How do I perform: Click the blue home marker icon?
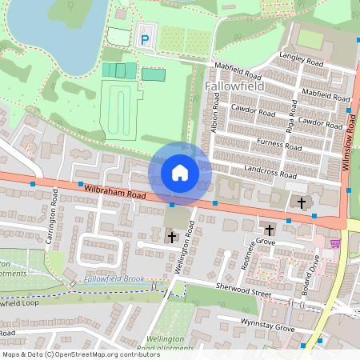180,173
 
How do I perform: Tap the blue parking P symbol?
146,38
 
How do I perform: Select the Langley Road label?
301,59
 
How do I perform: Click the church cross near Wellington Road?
170,236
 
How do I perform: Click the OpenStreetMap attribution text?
81,354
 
